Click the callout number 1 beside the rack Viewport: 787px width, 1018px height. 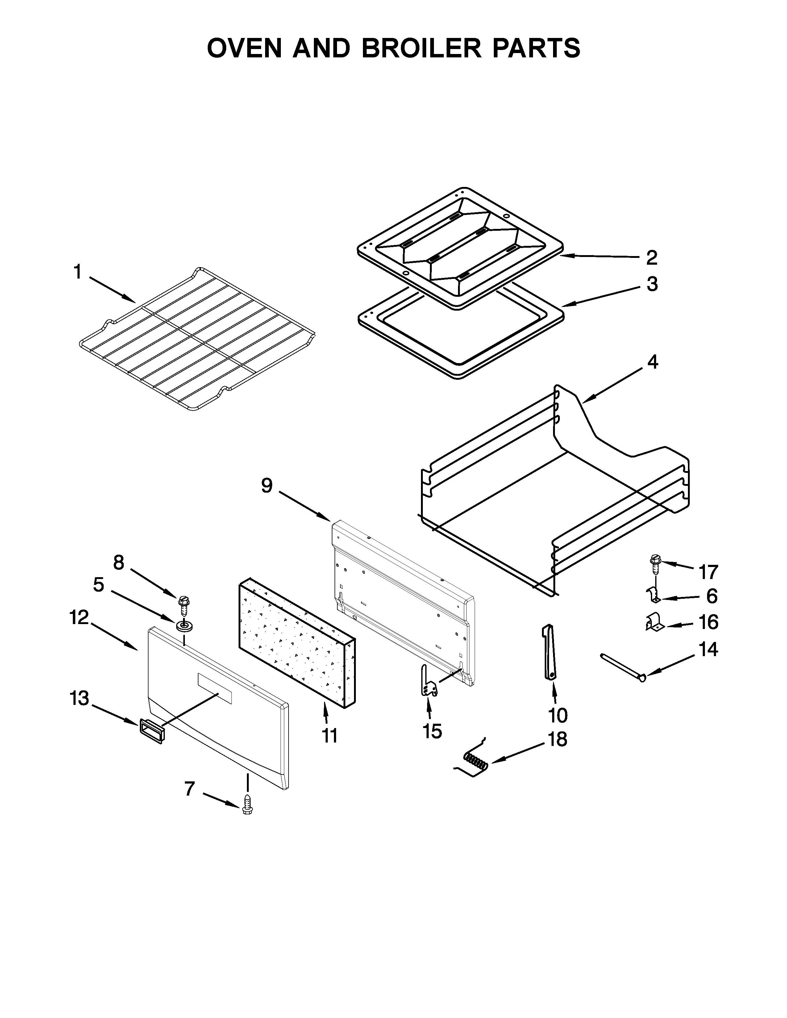(x=77, y=272)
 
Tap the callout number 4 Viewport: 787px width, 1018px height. (x=652, y=362)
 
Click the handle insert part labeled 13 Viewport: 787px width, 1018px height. (x=151, y=730)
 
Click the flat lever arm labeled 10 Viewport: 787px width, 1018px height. (x=548, y=652)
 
